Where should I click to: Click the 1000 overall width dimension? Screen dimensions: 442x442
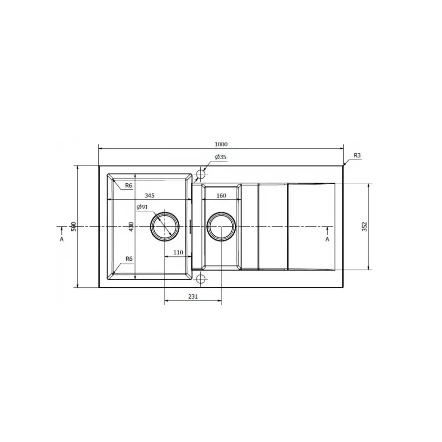(221, 144)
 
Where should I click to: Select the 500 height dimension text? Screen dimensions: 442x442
(74, 226)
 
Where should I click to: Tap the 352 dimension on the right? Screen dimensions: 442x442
(364, 226)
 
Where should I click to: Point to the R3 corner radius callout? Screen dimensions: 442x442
(357, 155)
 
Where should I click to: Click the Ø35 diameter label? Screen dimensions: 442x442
(221, 157)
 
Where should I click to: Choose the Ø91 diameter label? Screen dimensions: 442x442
(142, 207)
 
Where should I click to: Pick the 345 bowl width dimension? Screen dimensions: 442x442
(149, 195)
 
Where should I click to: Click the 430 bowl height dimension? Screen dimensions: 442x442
(131, 226)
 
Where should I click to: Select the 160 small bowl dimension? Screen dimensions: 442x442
(221, 195)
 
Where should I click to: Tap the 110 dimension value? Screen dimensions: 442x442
(178, 252)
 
